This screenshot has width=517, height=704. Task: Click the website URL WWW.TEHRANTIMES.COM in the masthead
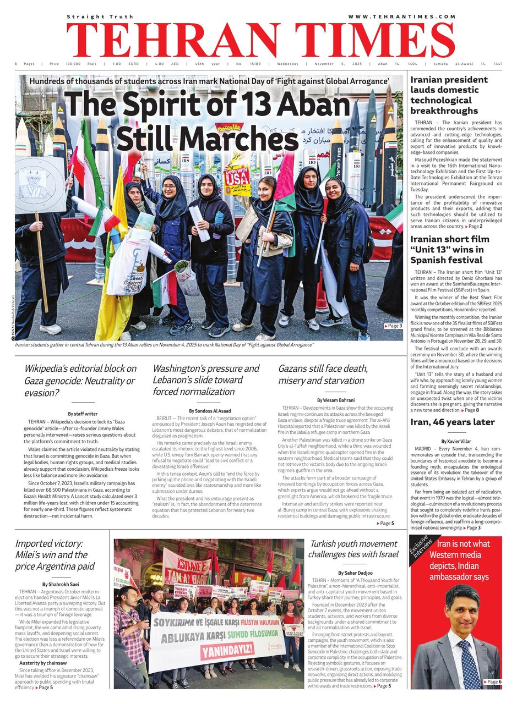[x=401, y=17]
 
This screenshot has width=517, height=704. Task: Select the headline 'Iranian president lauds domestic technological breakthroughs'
[x=449, y=95]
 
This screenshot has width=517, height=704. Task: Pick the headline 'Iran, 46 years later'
[x=453, y=422]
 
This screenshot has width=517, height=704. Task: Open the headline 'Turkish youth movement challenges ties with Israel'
[x=353, y=553]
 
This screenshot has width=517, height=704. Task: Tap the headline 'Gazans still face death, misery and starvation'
[x=323, y=374]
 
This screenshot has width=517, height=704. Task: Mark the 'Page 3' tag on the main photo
[x=393, y=326]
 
